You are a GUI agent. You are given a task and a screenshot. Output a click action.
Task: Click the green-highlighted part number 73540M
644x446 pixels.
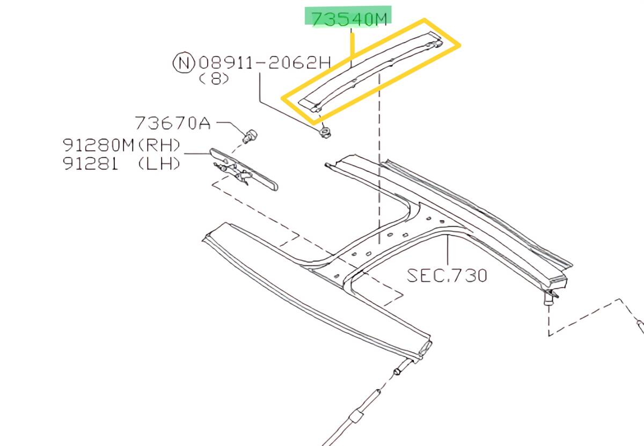click(349, 19)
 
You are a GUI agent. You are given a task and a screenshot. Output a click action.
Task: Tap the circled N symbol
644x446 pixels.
click(184, 62)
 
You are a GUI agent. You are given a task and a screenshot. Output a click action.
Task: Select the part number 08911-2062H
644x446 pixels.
click(265, 62)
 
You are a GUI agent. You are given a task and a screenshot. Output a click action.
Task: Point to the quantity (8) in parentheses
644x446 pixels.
click(214, 78)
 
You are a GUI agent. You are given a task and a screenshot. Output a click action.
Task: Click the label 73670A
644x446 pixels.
click(172, 123)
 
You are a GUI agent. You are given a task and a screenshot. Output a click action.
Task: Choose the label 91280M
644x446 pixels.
click(98, 145)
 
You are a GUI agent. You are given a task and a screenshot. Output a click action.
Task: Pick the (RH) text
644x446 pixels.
click(159, 145)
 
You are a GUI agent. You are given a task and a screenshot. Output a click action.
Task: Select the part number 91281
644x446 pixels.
click(90, 164)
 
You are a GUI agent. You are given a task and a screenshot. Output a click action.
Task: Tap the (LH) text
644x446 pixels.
click(159, 164)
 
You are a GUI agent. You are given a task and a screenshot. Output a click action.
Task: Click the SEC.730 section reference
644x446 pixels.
click(447, 275)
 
